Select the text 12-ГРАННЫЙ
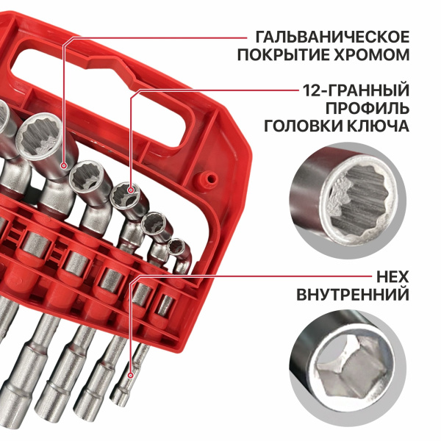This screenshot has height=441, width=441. pyautogui.click(x=355, y=90)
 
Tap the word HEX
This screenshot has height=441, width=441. pyautogui.click(x=392, y=278)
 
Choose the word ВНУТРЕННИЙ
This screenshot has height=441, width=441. pyautogui.click(x=352, y=296)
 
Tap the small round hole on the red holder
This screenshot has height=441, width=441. pyautogui.click(x=209, y=177)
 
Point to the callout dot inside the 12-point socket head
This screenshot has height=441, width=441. pyautogui.click(x=132, y=190)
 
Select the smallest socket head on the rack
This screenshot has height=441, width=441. pyautogui.click(x=176, y=246)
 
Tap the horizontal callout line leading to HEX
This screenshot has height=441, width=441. pyautogui.click(x=220, y=278)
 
